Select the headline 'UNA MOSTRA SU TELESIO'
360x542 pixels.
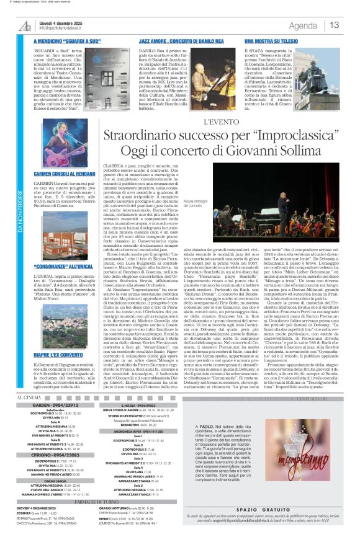click(x=254, y=39)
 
